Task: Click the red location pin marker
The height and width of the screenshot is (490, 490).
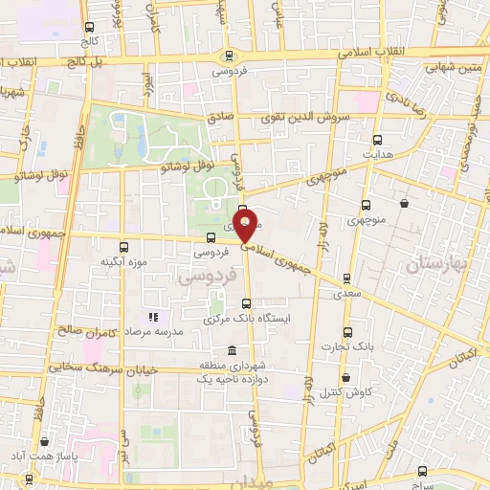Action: (246, 227)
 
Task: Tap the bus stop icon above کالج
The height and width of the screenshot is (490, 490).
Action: (90, 28)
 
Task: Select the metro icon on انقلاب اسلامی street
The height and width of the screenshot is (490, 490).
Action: (228, 56)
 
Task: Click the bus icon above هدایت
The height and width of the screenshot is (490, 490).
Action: (376, 139)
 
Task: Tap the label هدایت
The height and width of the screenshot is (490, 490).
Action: (376, 153)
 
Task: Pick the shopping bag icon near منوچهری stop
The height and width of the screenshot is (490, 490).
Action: (405, 203)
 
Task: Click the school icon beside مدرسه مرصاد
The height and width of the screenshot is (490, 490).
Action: (150, 317)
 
